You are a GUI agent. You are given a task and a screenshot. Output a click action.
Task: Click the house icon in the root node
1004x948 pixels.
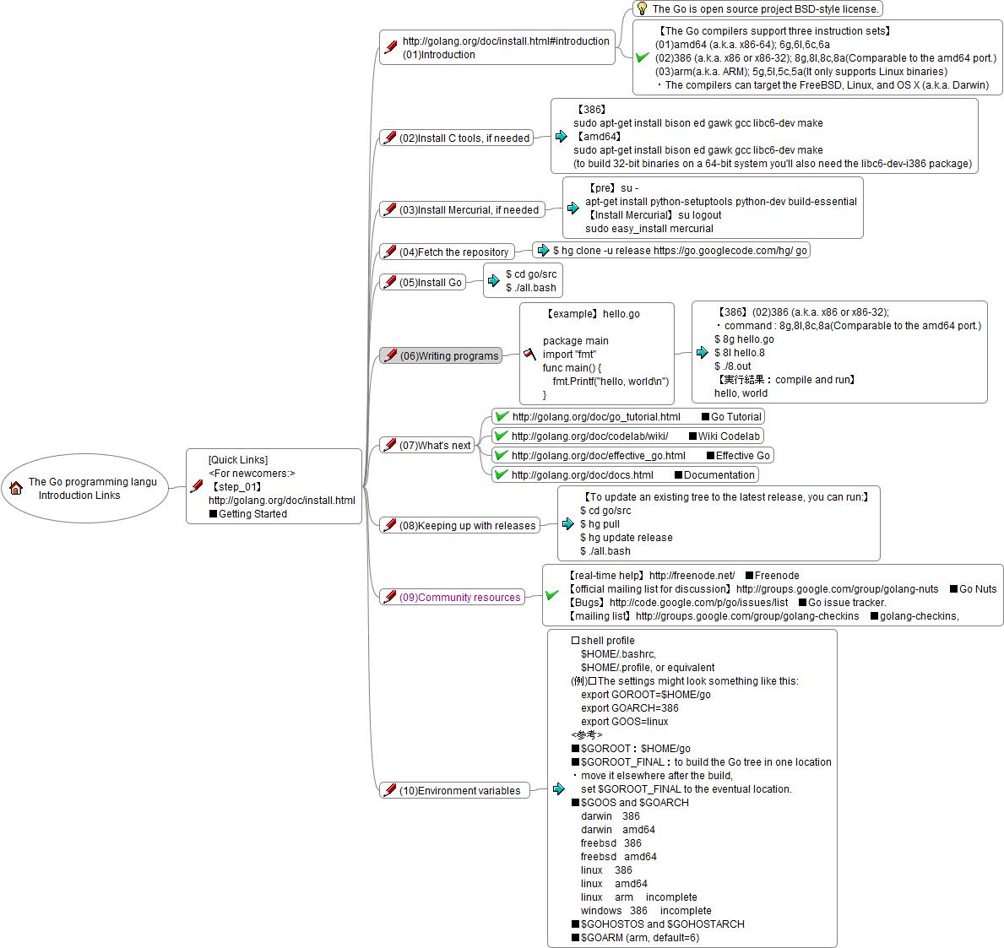[16, 488]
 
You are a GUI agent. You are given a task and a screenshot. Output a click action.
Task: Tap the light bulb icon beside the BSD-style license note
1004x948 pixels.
[642, 8]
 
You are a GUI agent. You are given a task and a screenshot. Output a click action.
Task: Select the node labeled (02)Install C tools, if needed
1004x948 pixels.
[464, 138]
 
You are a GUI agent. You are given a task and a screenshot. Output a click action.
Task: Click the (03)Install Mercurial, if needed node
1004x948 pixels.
[468, 209]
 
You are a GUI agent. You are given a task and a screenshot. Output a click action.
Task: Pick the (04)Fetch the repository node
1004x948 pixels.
[453, 252]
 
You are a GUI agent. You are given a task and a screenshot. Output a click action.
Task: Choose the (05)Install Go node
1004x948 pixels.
[430, 282]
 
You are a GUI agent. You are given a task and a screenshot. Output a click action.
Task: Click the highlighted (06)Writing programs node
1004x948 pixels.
[448, 355]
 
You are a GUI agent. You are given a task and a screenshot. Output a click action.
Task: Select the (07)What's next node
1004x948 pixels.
[434, 445]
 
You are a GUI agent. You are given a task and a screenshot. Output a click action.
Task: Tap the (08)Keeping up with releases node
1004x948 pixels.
[467, 525]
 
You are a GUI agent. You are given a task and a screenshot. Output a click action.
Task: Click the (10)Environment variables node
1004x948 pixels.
[460, 790]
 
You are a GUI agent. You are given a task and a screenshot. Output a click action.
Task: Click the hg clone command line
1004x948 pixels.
[679, 250]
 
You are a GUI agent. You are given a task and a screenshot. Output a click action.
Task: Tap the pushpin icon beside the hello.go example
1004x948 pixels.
[530, 354]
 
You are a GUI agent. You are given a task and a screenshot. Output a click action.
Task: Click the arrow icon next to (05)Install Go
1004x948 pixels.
[494, 281]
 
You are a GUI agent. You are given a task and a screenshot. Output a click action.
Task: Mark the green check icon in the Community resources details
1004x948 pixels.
[552, 595]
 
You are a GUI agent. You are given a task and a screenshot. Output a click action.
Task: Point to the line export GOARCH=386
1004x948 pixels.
[629, 707]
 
